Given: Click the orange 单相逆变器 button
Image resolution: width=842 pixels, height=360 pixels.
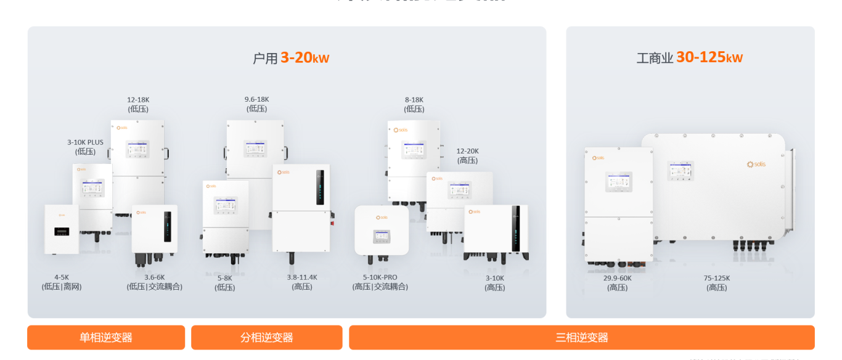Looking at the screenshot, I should tap(106, 337).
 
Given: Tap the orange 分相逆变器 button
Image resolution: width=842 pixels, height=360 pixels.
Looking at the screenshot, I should tap(266, 337).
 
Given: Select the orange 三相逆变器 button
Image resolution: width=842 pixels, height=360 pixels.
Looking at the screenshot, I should tap(581, 337).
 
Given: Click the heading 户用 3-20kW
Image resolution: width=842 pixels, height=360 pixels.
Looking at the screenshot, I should tap(291, 58).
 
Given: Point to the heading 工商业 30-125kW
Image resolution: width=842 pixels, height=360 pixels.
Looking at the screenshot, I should tap(689, 57).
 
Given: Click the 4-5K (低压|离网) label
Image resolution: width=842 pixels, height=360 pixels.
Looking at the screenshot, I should tap(62, 282).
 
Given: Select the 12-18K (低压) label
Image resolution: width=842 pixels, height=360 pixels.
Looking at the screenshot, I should tap(138, 104).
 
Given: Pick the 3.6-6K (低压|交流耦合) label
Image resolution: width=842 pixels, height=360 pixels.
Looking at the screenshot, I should tap(155, 282).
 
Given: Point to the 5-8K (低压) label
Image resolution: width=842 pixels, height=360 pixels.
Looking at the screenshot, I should tap(225, 282).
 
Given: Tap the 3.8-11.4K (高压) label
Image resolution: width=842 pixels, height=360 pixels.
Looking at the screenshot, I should tap(302, 282).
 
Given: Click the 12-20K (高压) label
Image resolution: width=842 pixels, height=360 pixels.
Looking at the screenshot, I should tap(467, 155).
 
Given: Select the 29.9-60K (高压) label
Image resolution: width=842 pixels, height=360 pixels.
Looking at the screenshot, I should tap(617, 282).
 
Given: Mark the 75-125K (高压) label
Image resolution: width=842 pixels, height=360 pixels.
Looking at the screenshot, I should tap(717, 282).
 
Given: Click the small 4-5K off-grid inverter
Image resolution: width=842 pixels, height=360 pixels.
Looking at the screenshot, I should tap(62, 229).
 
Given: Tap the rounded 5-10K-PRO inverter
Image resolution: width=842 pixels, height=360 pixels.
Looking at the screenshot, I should tap(382, 230).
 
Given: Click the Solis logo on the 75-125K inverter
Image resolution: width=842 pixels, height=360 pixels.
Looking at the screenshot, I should tap(756, 165).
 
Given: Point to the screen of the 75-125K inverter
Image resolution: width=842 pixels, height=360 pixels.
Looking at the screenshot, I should tap(681, 170).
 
